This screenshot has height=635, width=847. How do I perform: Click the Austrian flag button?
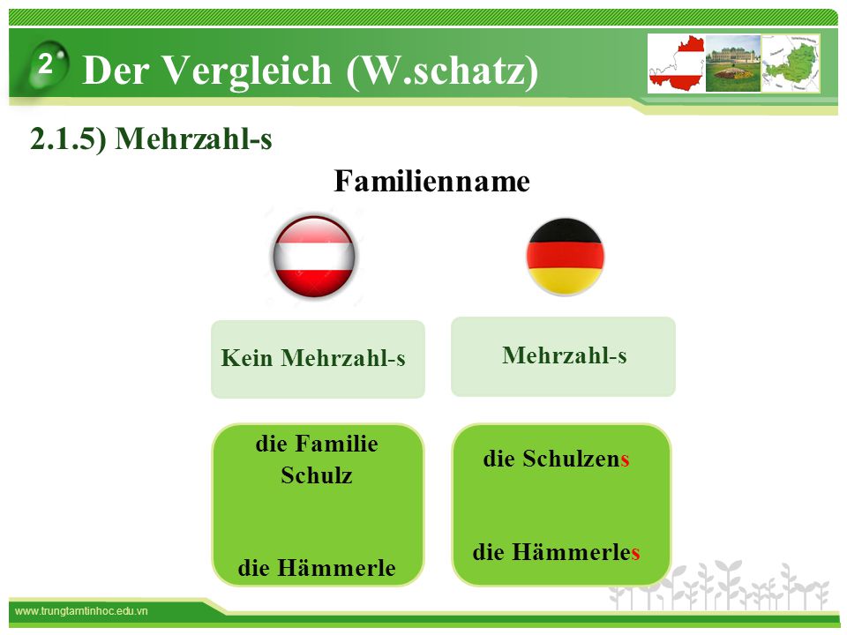point(314,257)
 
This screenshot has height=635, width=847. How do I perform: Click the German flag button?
point(565,257)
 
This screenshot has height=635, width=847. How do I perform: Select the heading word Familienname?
point(431,181)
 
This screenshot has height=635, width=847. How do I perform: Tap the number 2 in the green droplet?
point(45,64)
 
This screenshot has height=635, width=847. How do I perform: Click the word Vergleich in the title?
point(247,71)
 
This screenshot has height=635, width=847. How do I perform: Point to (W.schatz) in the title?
point(442,71)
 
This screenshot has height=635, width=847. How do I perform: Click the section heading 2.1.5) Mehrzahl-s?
point(151,138)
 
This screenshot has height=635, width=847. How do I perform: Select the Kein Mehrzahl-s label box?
point(318,359)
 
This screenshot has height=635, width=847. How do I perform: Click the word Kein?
point(246,358)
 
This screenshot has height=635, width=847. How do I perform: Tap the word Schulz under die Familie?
point(317,475)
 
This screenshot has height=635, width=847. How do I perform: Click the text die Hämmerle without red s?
point(317,567)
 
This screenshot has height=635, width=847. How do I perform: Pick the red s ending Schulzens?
point(625,460)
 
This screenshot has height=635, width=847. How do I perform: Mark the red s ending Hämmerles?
point(635,554)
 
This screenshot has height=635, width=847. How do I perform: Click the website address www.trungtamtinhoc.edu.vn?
point(81,611)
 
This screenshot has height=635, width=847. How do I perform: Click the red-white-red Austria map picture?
point(677,63)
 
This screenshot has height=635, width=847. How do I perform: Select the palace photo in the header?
point(733,63)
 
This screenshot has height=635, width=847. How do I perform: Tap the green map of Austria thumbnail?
point(791,63)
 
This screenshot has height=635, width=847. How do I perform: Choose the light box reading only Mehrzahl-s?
point(563,356)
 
